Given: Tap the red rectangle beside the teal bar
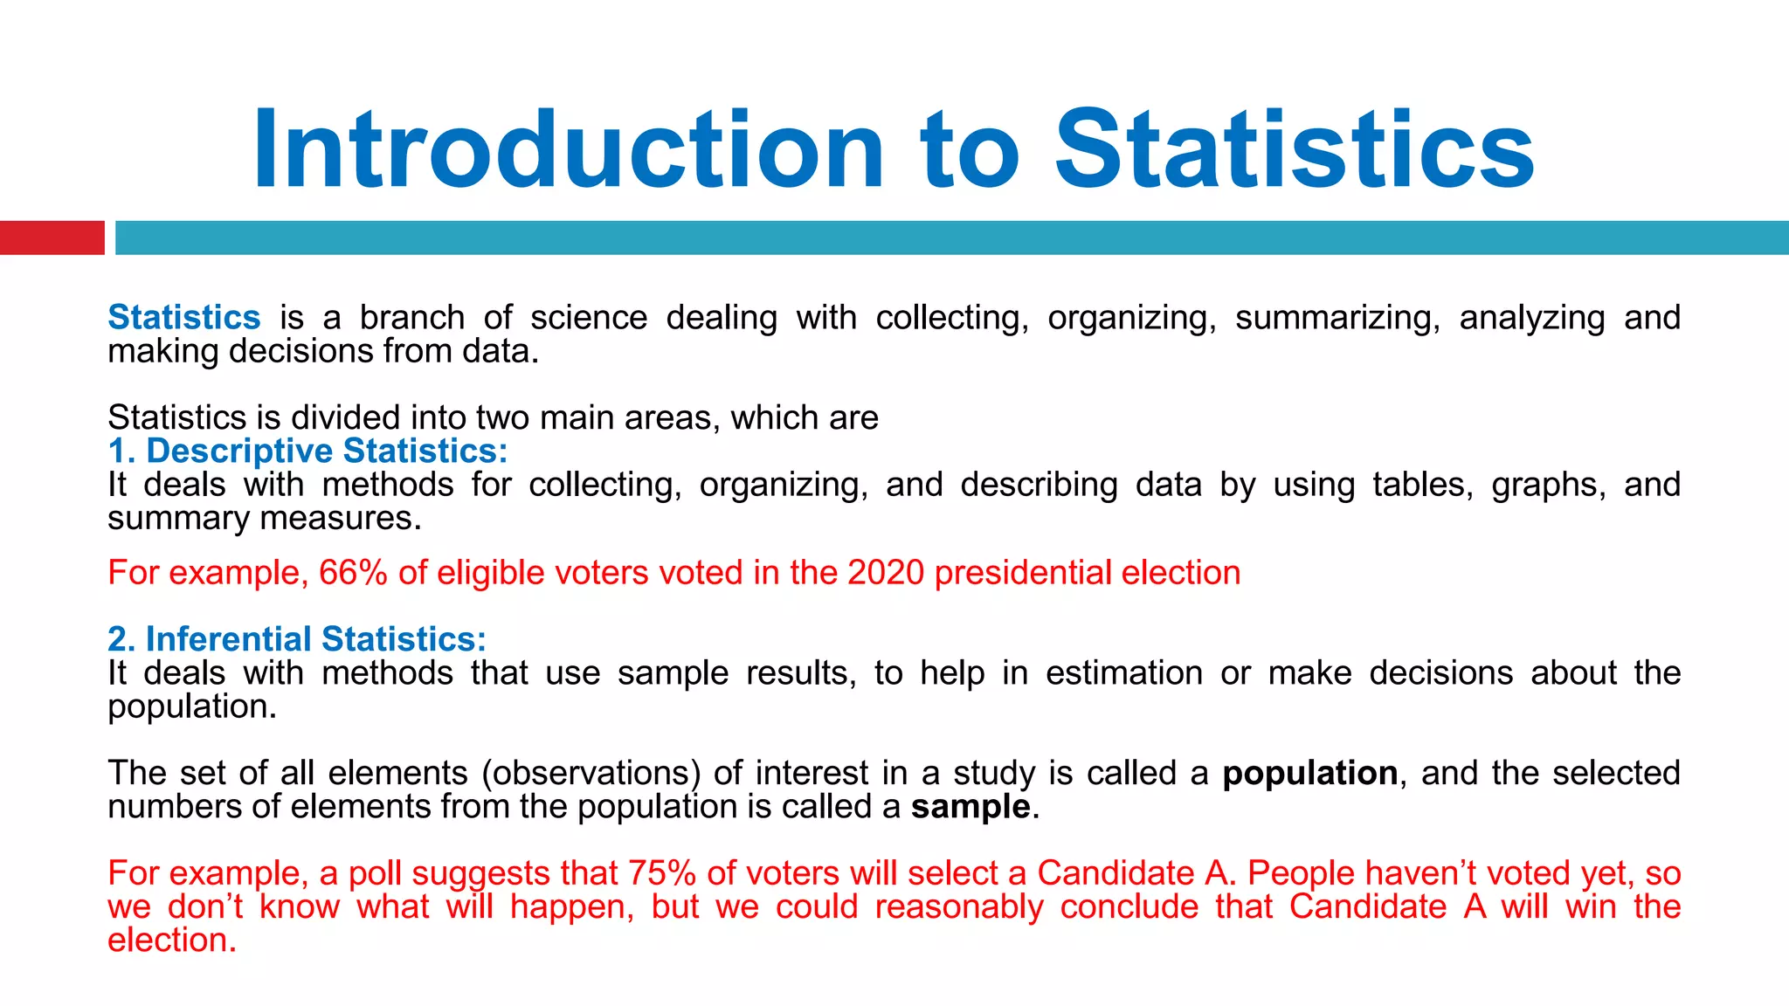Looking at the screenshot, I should point(52,238).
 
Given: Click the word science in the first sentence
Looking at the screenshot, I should point(588,318).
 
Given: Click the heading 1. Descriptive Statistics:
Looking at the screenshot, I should point(307,451).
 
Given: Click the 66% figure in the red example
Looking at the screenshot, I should point(353,573).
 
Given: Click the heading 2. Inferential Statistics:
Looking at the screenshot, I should point(297,639).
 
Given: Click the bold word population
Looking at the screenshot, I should point(1309,774).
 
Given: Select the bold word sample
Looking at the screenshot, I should point(970,807).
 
